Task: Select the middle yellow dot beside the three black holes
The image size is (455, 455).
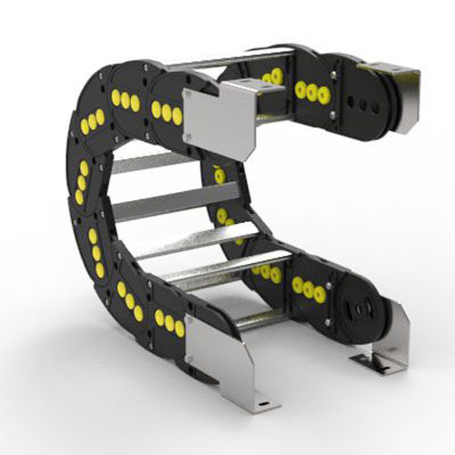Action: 312,91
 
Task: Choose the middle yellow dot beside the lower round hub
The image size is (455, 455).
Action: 308,289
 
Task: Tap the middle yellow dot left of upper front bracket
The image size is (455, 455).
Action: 167,111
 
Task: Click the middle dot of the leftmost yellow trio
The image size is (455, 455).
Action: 82,182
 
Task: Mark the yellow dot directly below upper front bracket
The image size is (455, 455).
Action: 219,174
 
